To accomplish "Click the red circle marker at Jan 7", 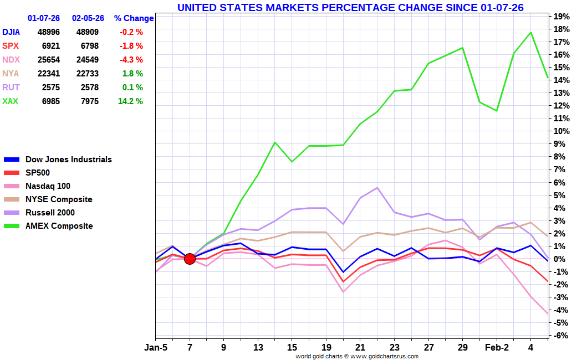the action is coord(190,259).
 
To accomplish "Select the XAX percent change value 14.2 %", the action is coord(130,101).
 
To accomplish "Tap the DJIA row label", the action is coord(11,32).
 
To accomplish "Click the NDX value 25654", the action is coord(49,60).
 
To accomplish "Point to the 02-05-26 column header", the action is coord(88,18).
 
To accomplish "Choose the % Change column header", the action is coord(134,18).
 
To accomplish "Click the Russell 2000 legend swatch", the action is coord(12,213).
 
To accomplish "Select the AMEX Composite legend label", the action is coord(59,226).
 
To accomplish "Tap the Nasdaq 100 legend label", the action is coord(48,186).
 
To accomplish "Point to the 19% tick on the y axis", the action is coord(561,16).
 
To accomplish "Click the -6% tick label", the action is coord(561,336).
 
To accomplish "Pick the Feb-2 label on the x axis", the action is coord(497,347).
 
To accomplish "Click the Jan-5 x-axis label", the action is coord(156,347).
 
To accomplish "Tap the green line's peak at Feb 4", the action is coord(531,33).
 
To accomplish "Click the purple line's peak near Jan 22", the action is coord(377,188).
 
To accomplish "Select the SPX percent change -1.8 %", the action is coord(131,46).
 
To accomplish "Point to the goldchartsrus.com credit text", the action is coord(357,356).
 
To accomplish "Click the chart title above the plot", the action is coord(350,7).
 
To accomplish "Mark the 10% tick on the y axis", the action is coord(561,131).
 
